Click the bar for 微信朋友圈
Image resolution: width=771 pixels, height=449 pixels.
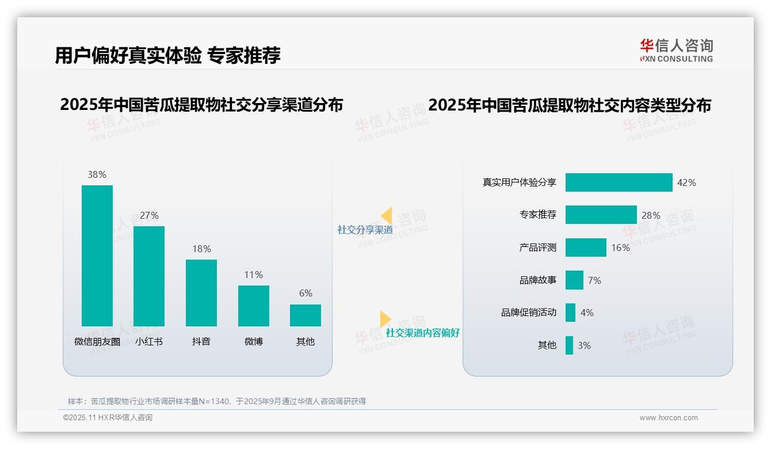point(97,256)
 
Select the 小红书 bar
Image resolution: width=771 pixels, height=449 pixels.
point(149,276)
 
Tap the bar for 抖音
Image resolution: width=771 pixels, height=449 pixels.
point(201,292)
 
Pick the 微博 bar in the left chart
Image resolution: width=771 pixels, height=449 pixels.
point(254,306)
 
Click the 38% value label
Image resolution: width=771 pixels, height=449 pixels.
point(97,174)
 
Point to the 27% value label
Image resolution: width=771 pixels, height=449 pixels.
point(149,215)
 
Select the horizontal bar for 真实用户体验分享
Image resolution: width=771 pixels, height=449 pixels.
point(619,182)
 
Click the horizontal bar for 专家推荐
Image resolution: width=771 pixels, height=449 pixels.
point(601,215)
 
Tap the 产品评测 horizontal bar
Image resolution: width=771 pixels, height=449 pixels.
point(586,248)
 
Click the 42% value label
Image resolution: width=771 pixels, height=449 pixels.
point(686,182)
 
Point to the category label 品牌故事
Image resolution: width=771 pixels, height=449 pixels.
point(538,280)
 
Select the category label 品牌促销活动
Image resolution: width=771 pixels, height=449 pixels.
point(529,313)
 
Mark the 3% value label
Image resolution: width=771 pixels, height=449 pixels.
point(584,345)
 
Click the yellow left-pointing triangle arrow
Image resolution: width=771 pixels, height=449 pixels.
point(386,216)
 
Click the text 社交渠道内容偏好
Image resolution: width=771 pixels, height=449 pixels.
point(422,333)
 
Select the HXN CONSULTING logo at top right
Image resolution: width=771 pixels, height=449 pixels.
point(676,51)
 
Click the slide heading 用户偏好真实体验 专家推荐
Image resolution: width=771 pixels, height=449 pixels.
point(167,55)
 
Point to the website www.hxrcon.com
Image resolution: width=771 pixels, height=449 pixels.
point(668,418)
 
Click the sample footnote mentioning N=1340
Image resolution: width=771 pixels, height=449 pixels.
point(216,401)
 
